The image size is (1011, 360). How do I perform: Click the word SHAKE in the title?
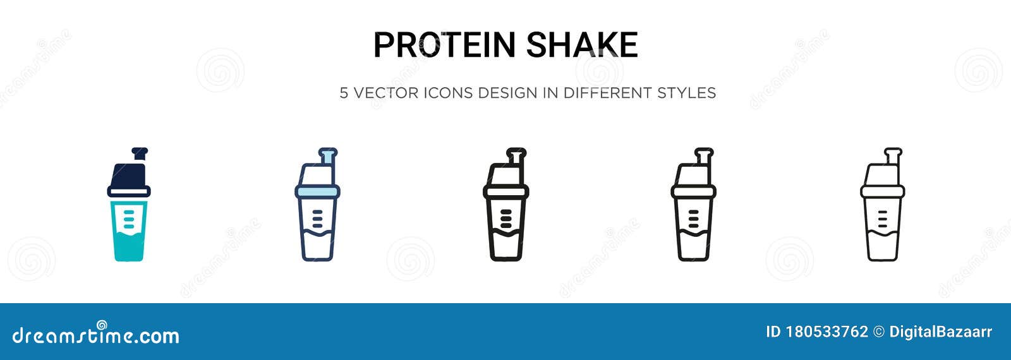(581, 45)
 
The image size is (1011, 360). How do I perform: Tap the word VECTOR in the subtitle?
(385, 93)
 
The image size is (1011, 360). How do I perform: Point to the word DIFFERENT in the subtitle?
(607, 93)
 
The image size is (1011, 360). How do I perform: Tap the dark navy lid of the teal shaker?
(129, 174)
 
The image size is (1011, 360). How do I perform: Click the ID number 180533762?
(827, 332)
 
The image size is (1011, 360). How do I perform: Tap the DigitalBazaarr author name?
(940, 332)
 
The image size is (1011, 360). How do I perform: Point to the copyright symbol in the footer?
(878, 332)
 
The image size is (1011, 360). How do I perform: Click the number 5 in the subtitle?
(344, 93)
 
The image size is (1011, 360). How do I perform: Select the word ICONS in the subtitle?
(448, 93)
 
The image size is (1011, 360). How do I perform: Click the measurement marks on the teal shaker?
(129, 217)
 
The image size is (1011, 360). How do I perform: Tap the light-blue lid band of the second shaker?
(317, 191)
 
